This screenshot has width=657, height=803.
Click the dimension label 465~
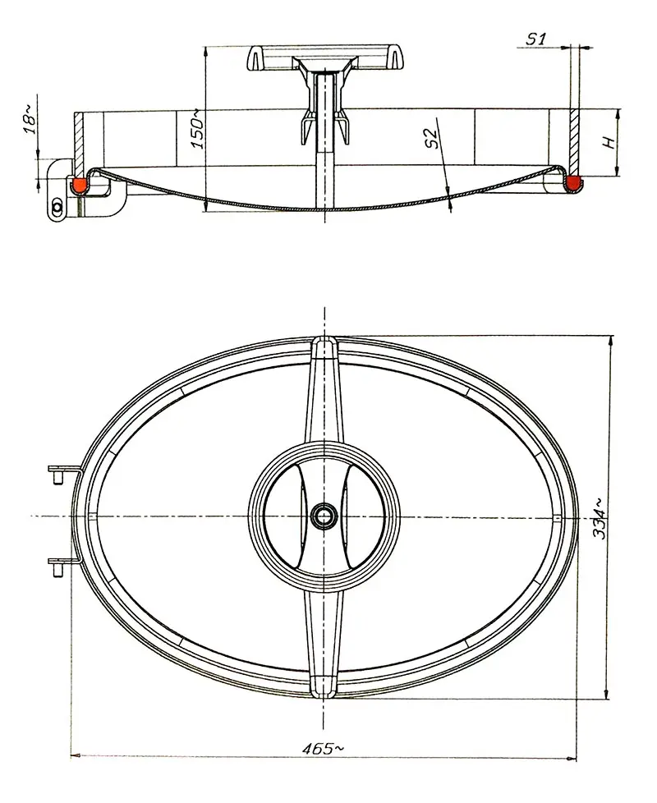coord(323,748)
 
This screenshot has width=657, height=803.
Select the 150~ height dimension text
coord(195,128)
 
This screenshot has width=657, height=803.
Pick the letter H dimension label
coord(609,140)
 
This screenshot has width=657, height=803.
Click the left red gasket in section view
coord(80,185)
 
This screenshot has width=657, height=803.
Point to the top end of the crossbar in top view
coord(325,348)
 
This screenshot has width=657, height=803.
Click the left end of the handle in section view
coord(255,58)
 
